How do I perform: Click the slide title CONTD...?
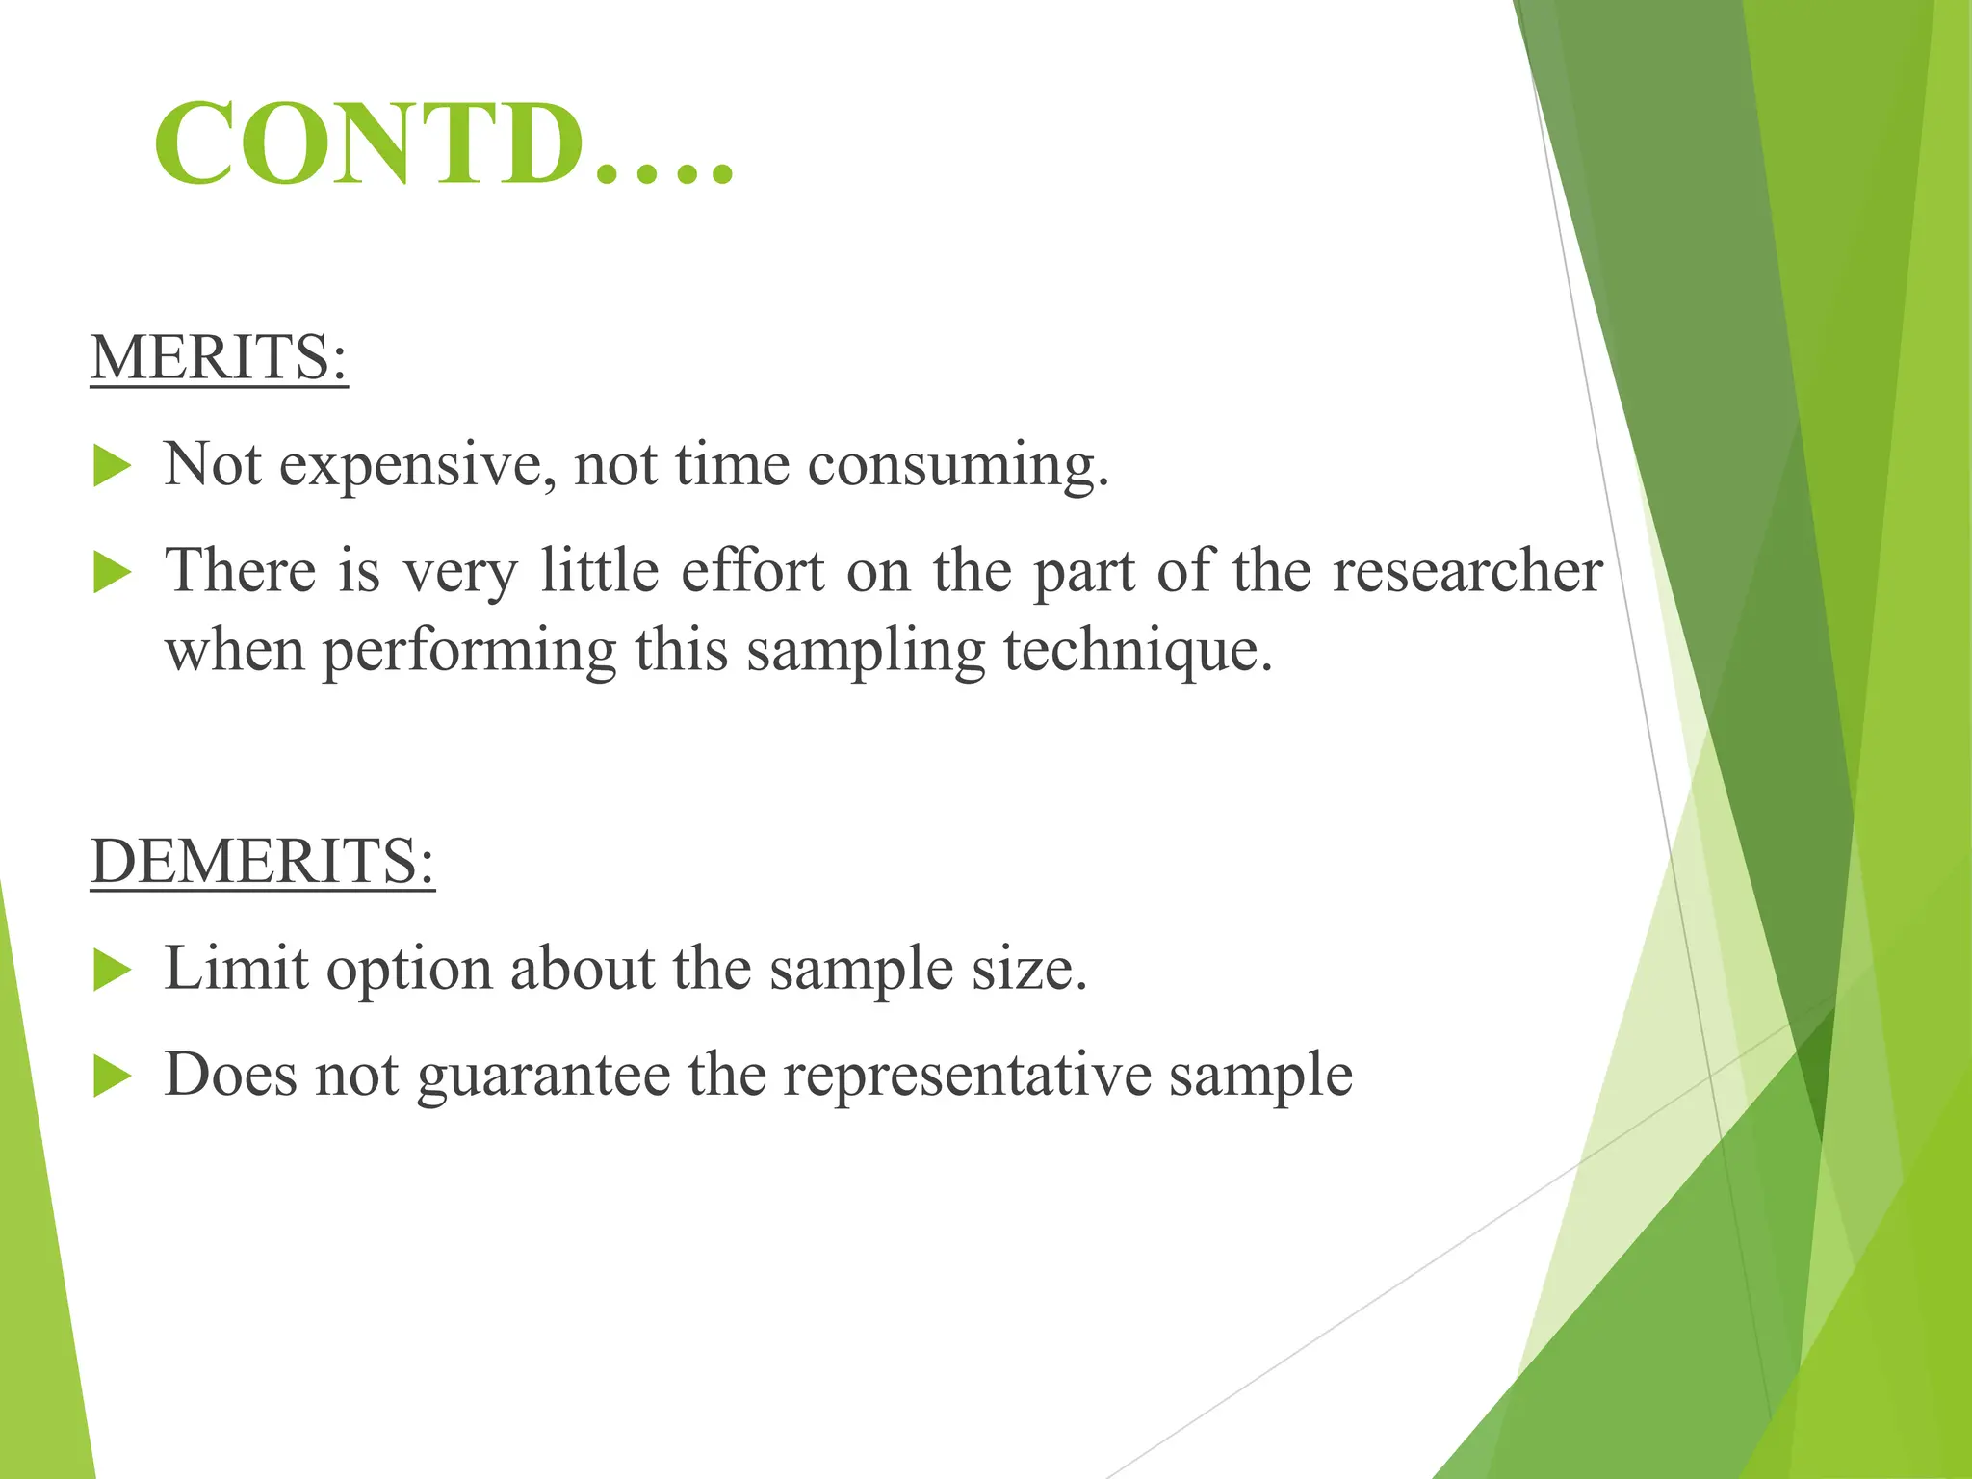(x=443, y=144)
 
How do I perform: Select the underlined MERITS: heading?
(x=219, y=357)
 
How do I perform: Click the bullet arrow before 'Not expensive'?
(x=113, y=468)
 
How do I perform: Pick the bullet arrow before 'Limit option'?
(x=113, y=971)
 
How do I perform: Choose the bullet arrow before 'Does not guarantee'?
(x=113, y=1077)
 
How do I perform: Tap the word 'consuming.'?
(x=958, y=466)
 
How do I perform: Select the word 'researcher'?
(x=1467, y=571)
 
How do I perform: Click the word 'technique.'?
(x=1138, y=650)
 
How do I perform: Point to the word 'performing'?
(x=469, y=652)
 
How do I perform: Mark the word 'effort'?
(x=753, y=571)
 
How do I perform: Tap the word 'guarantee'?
(x=543, y=1076)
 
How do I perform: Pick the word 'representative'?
(x=967, y=1076)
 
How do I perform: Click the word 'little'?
(x=599, y=571)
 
